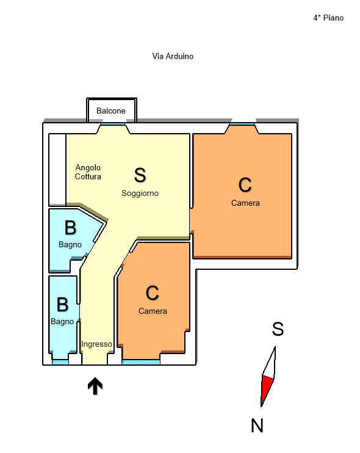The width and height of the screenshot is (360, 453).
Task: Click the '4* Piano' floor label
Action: coord(328,18)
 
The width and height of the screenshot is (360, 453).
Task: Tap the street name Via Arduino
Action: coord(173,56)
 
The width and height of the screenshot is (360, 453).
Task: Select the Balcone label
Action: coord(111,111)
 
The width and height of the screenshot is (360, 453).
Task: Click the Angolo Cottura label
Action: coord(88,172)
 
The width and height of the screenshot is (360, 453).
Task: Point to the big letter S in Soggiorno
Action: coord(140,175)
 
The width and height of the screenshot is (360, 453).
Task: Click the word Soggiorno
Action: coord(140,193)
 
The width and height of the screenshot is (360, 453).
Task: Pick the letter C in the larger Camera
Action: coord(245,185)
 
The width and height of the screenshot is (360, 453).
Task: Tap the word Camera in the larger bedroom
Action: coord(245,203)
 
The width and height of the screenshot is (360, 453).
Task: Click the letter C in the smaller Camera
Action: coord(152,293)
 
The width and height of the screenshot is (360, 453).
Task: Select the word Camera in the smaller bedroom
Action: coord(153,311)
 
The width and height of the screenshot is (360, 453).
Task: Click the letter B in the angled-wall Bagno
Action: coord(70,228)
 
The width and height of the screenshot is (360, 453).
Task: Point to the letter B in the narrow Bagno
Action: coord(63,305)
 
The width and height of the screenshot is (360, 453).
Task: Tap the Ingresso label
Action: coord(96,344)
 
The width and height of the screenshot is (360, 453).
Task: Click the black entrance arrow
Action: coord(95,385)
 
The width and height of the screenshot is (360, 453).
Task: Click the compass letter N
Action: coord(257,426)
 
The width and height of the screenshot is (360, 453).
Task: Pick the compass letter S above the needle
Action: coord(278,329)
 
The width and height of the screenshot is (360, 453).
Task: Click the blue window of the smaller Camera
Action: coord(141,362)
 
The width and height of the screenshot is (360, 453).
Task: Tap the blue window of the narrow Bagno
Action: coord(60,362)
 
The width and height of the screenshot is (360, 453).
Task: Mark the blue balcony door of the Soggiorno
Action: coord(113,124)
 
